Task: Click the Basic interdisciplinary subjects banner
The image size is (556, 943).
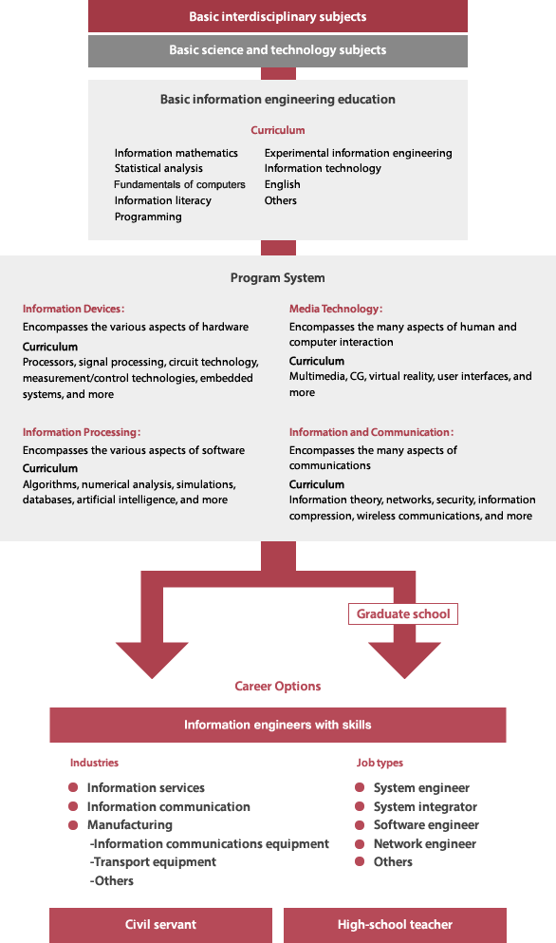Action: coord(278,16)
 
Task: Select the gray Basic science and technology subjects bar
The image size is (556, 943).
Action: coord(278,50)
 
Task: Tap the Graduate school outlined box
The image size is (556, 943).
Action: coord(403,614)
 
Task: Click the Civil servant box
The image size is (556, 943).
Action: coord(160,925)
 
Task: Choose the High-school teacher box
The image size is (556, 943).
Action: coord(395,925)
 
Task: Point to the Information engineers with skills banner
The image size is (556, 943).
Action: coord(278,725)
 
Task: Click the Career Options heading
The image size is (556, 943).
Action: coord(278,687)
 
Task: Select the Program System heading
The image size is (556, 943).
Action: coord(278,278)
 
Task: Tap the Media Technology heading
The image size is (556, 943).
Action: coord(336,309)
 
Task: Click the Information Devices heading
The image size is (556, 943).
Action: coord(73,309)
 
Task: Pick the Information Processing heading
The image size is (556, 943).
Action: coord(82,432)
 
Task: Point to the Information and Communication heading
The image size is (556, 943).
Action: coord(372,432)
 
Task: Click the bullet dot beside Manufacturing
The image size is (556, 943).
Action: coord(73,825)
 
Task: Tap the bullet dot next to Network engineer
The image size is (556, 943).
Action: coord(360,844)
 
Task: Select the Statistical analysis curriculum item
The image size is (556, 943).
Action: coord(158,168)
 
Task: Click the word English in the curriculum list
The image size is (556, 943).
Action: coord(283,184)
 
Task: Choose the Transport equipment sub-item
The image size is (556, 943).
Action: coord(153,862)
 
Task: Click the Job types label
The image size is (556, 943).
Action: coord(380,763)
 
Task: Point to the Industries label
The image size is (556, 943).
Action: coord(94,763)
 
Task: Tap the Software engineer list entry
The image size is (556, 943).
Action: coord(426,825)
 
